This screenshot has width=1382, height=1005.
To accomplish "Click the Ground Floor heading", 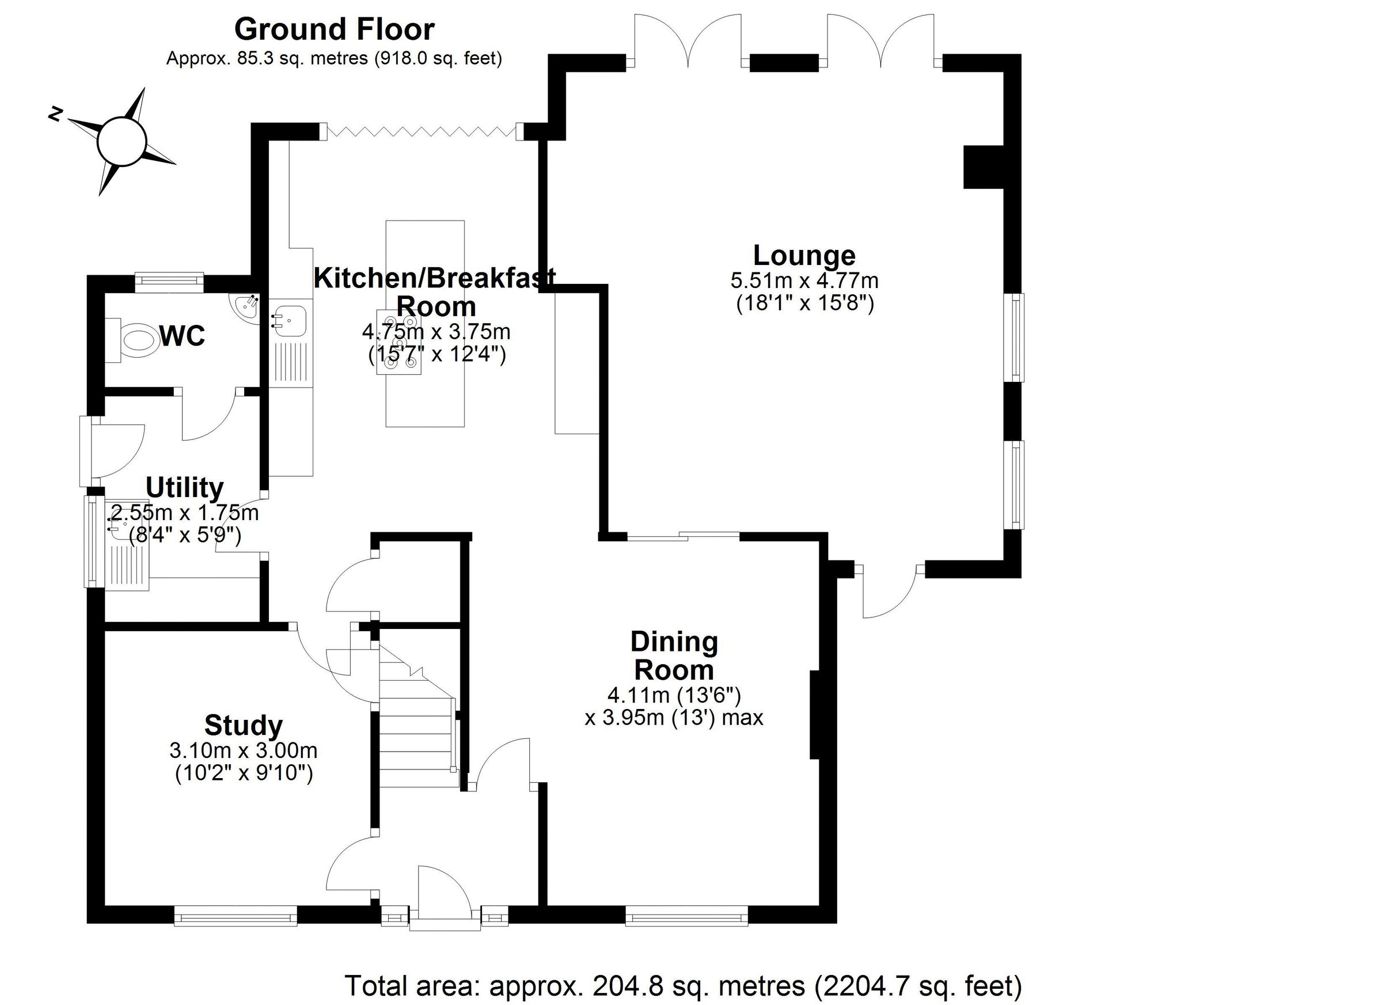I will (334, 29).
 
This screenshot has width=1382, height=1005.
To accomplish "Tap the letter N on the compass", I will (56, 114).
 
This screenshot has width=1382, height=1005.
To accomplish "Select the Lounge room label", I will (804, 255).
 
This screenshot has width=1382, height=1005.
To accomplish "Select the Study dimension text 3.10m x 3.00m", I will (244, 750).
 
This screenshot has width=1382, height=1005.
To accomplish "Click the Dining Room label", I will (674, 656).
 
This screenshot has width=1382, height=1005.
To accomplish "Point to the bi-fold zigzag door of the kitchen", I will (421, 131).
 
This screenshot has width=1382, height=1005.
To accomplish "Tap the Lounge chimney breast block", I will (982, 166).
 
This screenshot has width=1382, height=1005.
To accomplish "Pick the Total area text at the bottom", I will (683, 985).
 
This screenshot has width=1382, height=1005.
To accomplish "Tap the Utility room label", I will (185, 488).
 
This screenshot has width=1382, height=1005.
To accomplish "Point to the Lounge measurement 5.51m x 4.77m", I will (804, 281).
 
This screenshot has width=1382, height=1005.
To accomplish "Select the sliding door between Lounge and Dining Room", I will (683, 536).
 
